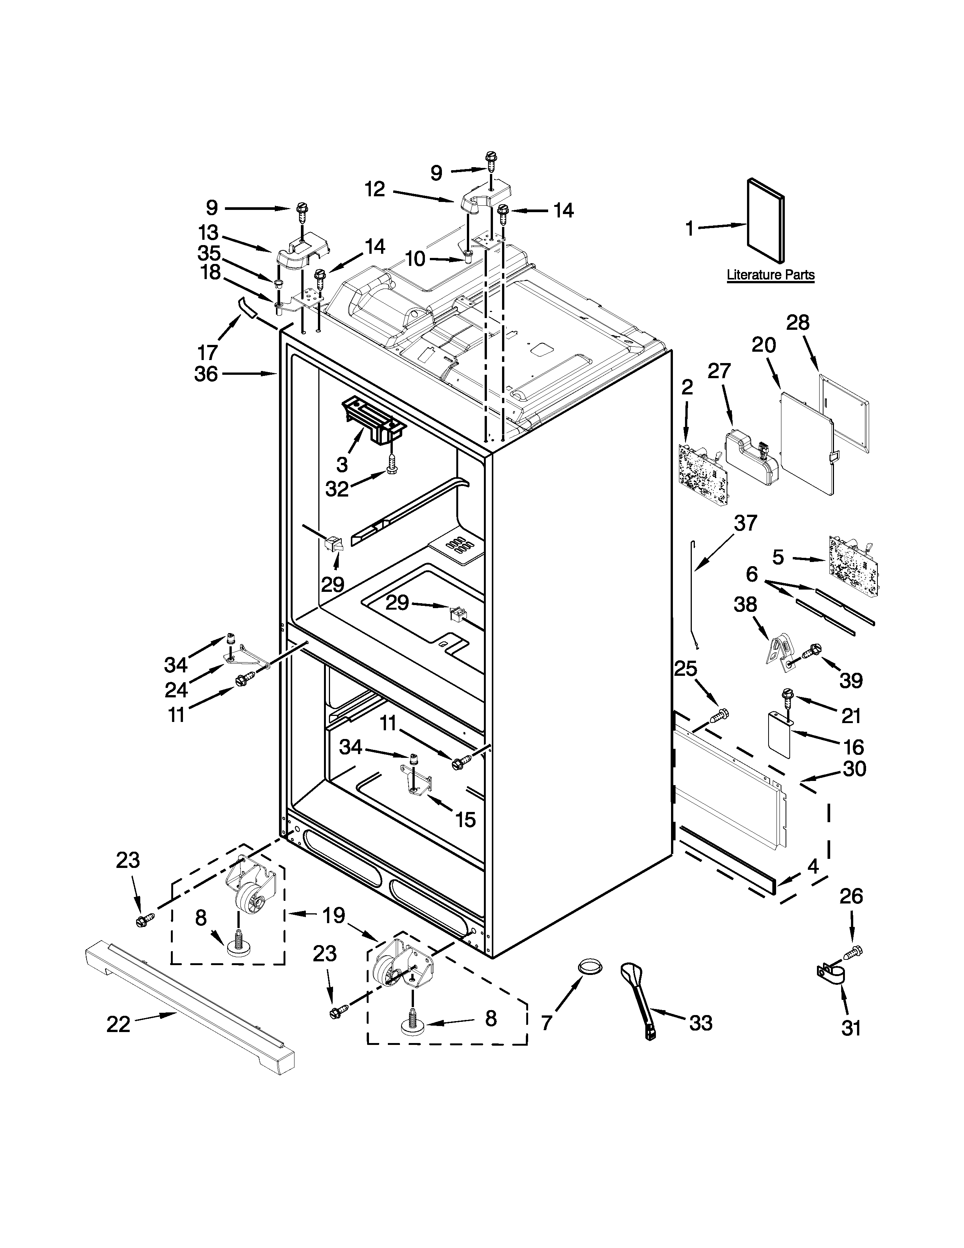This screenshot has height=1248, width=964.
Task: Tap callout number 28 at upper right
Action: coord(798,323)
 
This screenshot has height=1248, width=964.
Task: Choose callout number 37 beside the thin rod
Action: coord(745,523)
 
